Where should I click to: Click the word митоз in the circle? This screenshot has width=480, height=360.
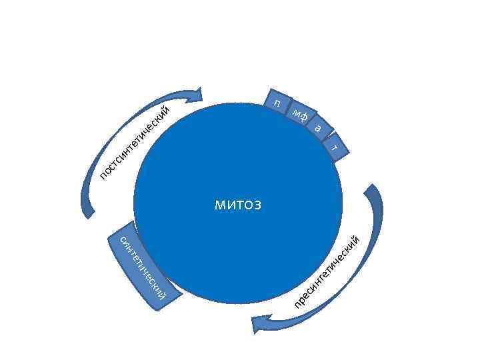click(238, 205)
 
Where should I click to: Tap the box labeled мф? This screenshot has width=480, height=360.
click(300, 115)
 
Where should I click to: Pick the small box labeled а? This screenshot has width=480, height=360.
click(319, 127)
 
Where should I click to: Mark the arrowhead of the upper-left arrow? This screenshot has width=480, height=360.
click(195, 95)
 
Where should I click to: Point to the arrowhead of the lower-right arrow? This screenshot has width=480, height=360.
click(259, 325)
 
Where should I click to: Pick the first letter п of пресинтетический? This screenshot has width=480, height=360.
click(297, 307)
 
